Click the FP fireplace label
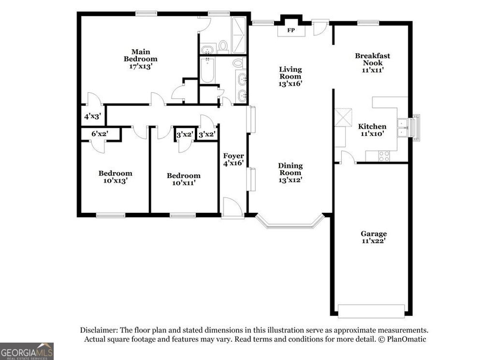(291, 30)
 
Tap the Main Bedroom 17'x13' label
(140, 59)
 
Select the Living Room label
(290, 76)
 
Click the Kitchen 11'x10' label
(372, 130)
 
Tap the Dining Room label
(290, 173)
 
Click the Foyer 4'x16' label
(233, 160)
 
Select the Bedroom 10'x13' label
(115, 177)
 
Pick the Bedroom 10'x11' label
(183, 179)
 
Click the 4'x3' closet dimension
(92, 117)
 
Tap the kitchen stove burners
(384, 156)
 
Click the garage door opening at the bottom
(371, 311)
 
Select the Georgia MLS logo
(27, 351)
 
